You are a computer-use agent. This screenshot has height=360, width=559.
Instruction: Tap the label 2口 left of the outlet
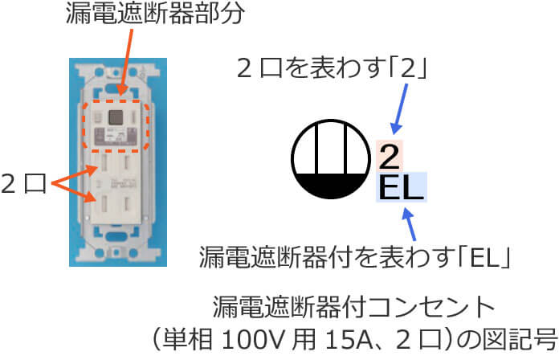(24, 186)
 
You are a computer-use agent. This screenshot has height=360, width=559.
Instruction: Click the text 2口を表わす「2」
(331, 69)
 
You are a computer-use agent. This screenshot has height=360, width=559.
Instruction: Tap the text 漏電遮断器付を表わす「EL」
(355, 258)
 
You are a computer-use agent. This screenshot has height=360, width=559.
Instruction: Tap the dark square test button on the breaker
(114, 119)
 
